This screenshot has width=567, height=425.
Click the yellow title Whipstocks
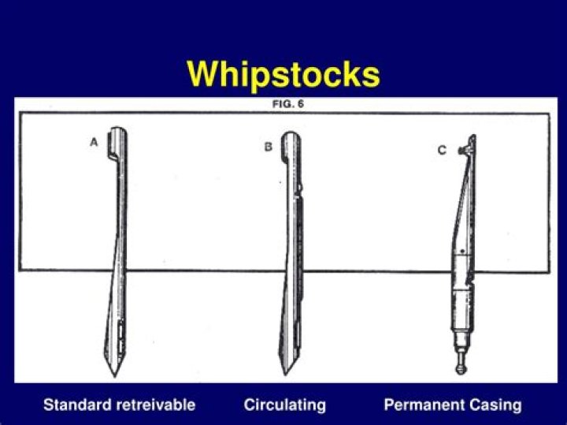[x=283, y=74]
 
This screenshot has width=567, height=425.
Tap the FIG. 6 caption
[x=288, y=104]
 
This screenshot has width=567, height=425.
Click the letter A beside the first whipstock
[x=94, y=142]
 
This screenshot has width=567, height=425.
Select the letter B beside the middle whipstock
[x=268, y=147]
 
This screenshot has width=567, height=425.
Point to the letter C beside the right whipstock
[x=442, y=150]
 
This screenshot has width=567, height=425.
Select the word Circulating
[x=284, y=405]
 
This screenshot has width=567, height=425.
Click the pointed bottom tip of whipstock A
[x=115, y=376]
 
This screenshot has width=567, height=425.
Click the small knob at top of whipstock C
[x=461, y=150]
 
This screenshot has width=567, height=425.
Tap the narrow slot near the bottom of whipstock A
[x=120, y=337]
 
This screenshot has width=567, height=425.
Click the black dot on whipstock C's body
[x=462, y=251]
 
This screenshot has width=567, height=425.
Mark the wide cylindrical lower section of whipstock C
[x=461, y=308]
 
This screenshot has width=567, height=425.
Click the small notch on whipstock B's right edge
[x=300, y=187]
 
